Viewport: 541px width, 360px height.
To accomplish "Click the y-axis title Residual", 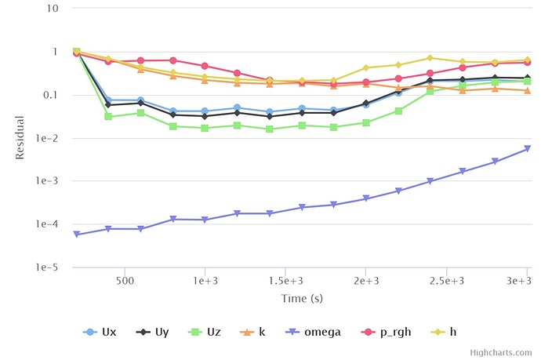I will click(x=21, y=138).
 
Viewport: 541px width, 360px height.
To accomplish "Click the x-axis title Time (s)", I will click(x=302, y=298).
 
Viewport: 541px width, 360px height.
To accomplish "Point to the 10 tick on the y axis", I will click(x=56, y=9).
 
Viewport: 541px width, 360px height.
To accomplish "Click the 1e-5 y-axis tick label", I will click(x=51, y=267).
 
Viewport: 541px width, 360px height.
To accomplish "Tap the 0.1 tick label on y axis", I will click(x=54, y=95).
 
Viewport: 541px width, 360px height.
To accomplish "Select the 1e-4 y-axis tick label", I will click(x=51, y=224).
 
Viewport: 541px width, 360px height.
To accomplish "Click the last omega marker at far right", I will click(x=528, y=149).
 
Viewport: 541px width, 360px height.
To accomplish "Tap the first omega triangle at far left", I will click(x=76, y=235).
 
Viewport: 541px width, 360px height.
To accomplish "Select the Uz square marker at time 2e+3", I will click(x=366, y=122).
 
